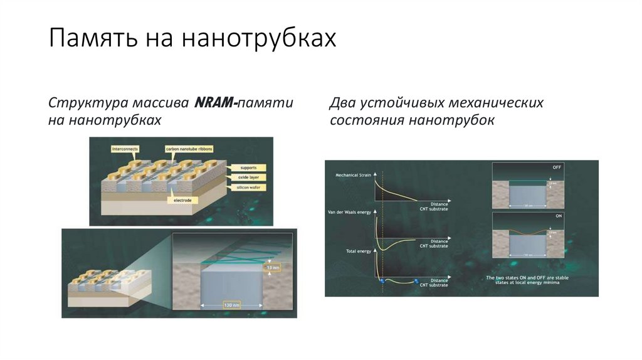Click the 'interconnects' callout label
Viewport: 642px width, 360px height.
pos(125,149)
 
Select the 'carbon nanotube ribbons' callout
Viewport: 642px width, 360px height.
pos(189,149)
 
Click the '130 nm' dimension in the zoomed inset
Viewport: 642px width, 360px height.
pos(231,305)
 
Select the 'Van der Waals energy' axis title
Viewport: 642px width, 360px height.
pos(350,212)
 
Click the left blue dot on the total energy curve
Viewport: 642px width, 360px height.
pos(381,282)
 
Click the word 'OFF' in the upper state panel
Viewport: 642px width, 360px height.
pos(557,167)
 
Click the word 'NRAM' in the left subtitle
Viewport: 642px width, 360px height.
pos(214,102)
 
